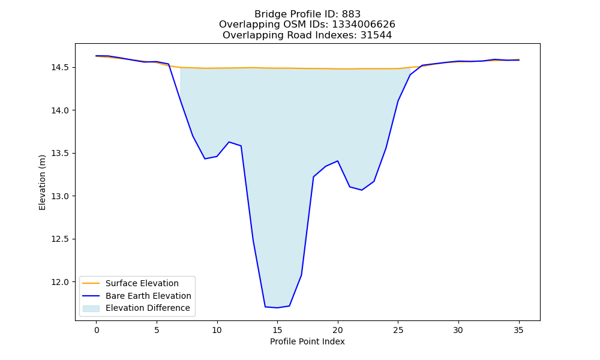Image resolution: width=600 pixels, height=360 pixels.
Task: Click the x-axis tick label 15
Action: click(x=277, y=330)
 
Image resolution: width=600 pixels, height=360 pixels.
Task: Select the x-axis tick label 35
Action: click(x=518, y=330)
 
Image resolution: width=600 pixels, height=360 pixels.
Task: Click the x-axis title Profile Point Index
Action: click(x=307, y=341)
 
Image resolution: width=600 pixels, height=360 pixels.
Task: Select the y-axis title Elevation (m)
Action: click(x=42, y=182)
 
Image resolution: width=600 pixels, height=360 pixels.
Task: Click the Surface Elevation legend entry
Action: click(x=130, y=283)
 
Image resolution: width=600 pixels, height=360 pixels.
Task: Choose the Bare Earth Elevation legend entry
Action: click(x=137, y=296)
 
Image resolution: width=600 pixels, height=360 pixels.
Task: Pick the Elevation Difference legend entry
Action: click(x=136, y=308)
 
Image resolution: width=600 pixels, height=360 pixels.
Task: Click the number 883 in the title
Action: click(x=351, y=14)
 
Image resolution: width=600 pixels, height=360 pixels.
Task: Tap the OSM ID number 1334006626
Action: click(x=364, y=25)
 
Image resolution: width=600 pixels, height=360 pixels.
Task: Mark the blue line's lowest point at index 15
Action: click(x=277, y=308)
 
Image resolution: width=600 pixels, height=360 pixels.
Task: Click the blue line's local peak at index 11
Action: click(x=229, y=142)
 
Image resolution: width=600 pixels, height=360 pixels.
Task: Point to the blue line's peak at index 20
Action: click(x=337, y=161)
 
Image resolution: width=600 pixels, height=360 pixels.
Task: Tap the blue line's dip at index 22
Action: click(x=362, y=190)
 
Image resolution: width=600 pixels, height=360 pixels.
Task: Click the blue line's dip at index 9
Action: click(x=205, y=159)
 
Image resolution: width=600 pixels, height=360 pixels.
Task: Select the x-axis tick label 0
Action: click(x=97, y=330)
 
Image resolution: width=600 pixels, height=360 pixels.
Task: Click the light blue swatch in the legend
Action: click(x=91, y=308)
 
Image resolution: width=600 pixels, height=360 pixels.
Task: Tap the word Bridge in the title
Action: click(x=268, y=14)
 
